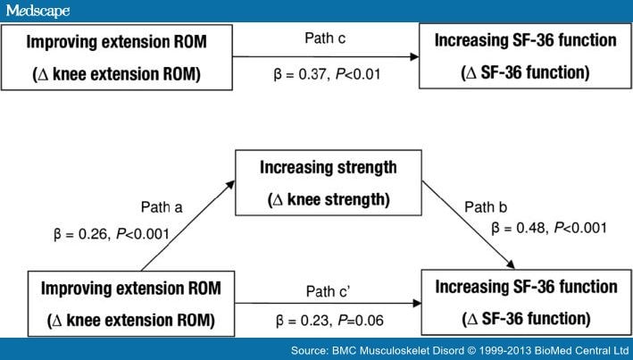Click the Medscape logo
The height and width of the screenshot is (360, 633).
tap(37, 10)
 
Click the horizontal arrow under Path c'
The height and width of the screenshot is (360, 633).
tap(321, 305)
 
